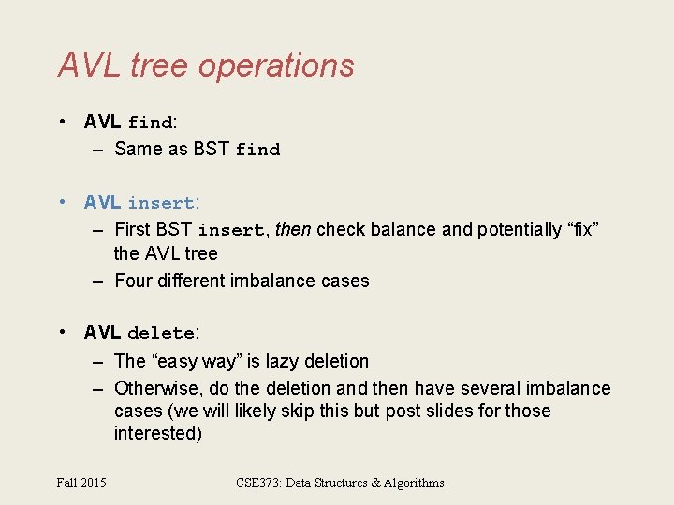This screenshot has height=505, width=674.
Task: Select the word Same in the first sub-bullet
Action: point(138,149)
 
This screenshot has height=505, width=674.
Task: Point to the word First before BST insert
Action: point(133,229)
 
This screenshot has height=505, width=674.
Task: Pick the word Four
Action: point(133,281)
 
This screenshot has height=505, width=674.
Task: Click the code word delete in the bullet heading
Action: point(161,333)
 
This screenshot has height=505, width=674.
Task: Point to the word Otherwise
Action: point(154,388)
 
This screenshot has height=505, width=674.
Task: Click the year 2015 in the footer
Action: point(95,483)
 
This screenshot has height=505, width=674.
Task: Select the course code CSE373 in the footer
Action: point(261,483)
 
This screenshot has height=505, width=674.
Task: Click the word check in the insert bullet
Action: point(339,229)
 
